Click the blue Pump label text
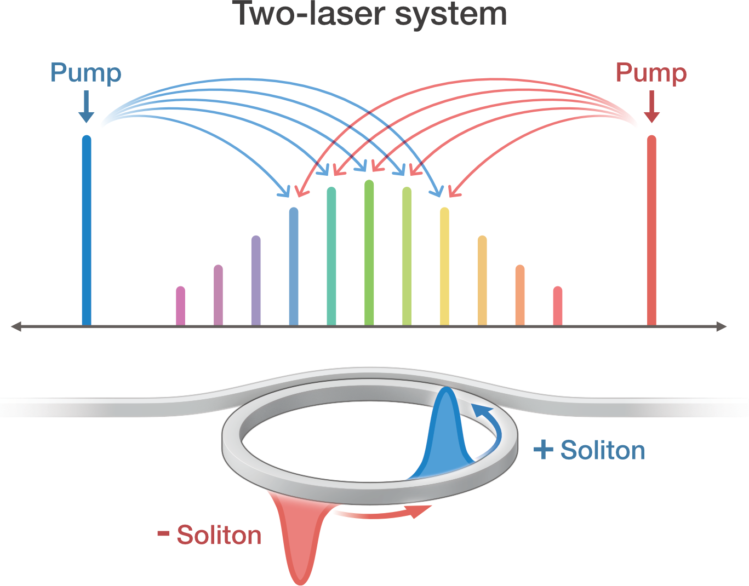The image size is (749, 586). point(85,73)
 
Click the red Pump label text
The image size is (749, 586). point(651,73)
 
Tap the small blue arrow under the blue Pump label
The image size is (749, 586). point(86,107)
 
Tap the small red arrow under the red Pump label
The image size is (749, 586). point(651,107)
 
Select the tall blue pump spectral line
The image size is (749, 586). point(86,230)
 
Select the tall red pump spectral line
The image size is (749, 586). point(651,230)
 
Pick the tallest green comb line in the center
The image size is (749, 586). point(369,252)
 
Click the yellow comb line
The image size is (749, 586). point(444,266)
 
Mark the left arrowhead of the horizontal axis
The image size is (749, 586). point(15,327)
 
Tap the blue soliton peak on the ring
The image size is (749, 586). point(448,433)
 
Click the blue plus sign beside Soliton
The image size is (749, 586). point(543,450)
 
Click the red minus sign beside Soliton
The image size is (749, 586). point(163,533)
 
